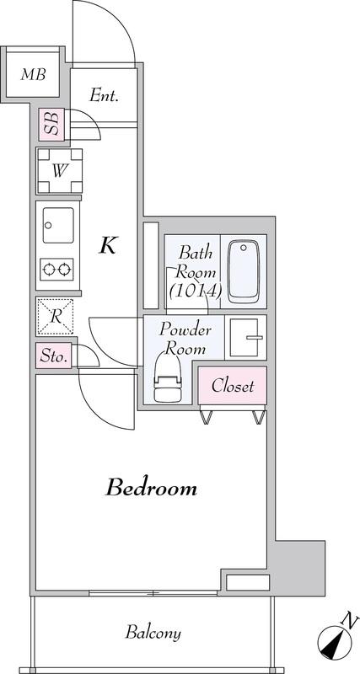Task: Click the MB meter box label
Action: [x=33, y=75]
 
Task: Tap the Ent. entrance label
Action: [x=104, y=95]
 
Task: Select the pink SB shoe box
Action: [x=51, y=124]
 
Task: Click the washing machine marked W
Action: [x=60, y=171]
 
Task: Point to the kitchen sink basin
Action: [x=58, y=225]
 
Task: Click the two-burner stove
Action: [x=56, y=270]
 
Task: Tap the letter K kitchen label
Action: [x=108, y=246]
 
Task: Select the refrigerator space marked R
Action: [x=55, y=317]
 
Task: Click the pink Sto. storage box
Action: [x=53, y=356]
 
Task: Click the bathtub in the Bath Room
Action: [x=244, y=271]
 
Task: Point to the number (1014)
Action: [x=196, y=291]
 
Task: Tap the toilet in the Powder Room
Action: [x=168, y=377]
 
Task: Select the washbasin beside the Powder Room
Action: [x=244, y=338]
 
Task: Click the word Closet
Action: [x=232, y=386]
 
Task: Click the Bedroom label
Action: [x=152, y=489]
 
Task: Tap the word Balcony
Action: [x=153, y=633]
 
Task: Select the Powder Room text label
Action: [x=185, y=339]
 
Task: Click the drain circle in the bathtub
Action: [x=244, y=248]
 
